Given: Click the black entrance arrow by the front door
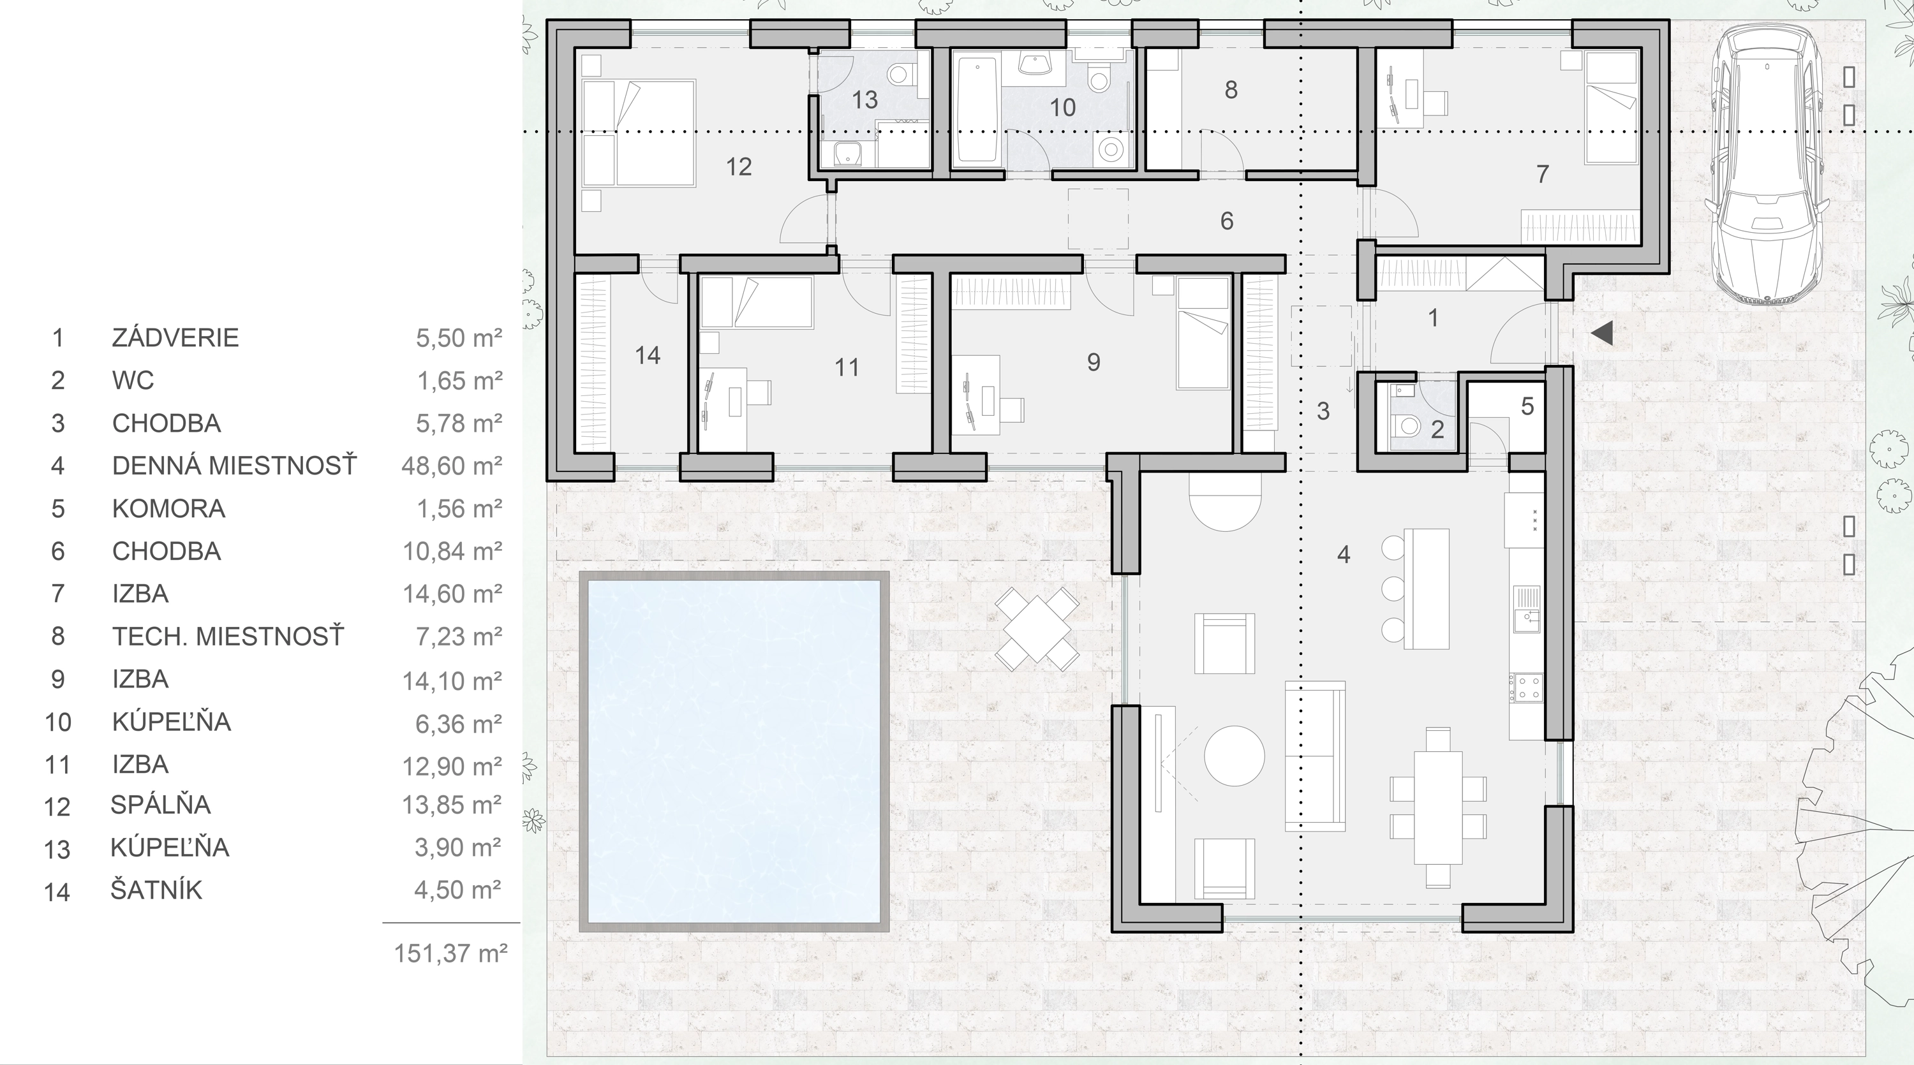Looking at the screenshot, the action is (1602, 334).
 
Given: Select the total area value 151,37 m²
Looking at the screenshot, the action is (450, 953).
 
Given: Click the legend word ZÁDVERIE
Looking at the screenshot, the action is (175, 337).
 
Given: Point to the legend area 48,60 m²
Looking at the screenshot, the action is (452, 466).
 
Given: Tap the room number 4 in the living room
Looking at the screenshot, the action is (1344, 554).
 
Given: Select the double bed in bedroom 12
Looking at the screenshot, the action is (639, 134).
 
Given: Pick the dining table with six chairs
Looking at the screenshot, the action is (1437, 807).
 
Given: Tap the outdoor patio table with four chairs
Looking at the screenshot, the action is (1037, 629).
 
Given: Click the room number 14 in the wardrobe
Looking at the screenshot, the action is (647, 355).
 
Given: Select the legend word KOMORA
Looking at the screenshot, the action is (168, 508).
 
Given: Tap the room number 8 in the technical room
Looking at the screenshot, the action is (1231, 90).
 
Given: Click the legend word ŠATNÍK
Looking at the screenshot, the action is (156, 890).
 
